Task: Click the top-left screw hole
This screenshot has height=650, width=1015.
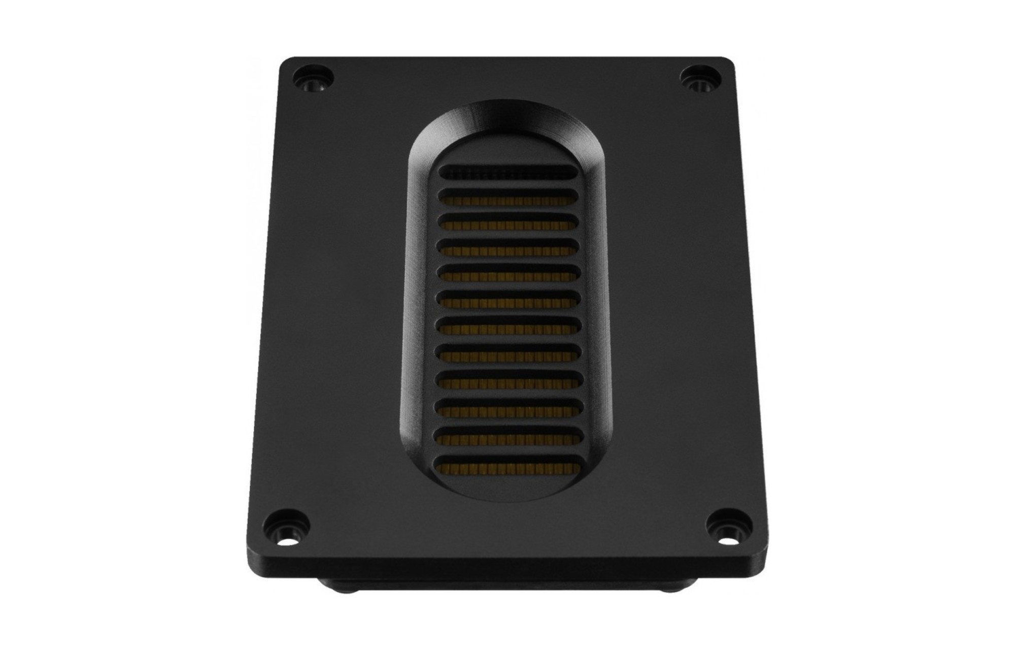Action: coord(313,80)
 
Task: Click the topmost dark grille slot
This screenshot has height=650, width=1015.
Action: coord(507,174)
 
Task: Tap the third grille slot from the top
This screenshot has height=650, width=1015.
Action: coord(507,222)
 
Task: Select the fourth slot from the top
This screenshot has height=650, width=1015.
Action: coord(507,248)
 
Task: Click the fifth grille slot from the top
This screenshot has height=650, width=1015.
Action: coord(507,274)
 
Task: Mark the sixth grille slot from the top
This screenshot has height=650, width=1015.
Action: coord(507,301)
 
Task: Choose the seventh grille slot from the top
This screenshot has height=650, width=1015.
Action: coord(507,328)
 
